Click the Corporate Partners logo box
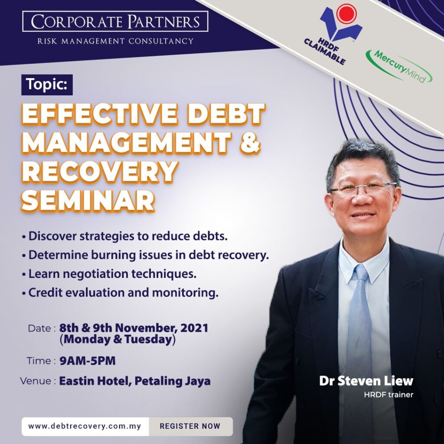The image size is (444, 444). coord(115,21)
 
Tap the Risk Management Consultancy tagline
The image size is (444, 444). coord(115,41)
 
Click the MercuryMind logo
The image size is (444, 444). coord(398,66)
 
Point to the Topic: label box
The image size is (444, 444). coord(47,84)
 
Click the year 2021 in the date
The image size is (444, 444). coord(193,328)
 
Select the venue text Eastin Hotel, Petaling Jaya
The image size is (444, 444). coord(135,382)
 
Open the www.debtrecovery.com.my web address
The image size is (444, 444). coord(85,426)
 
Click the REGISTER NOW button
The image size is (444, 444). coord(190,426)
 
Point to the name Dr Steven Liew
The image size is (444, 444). coord(366,382)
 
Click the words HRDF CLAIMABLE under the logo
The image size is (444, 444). coord(324,52)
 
